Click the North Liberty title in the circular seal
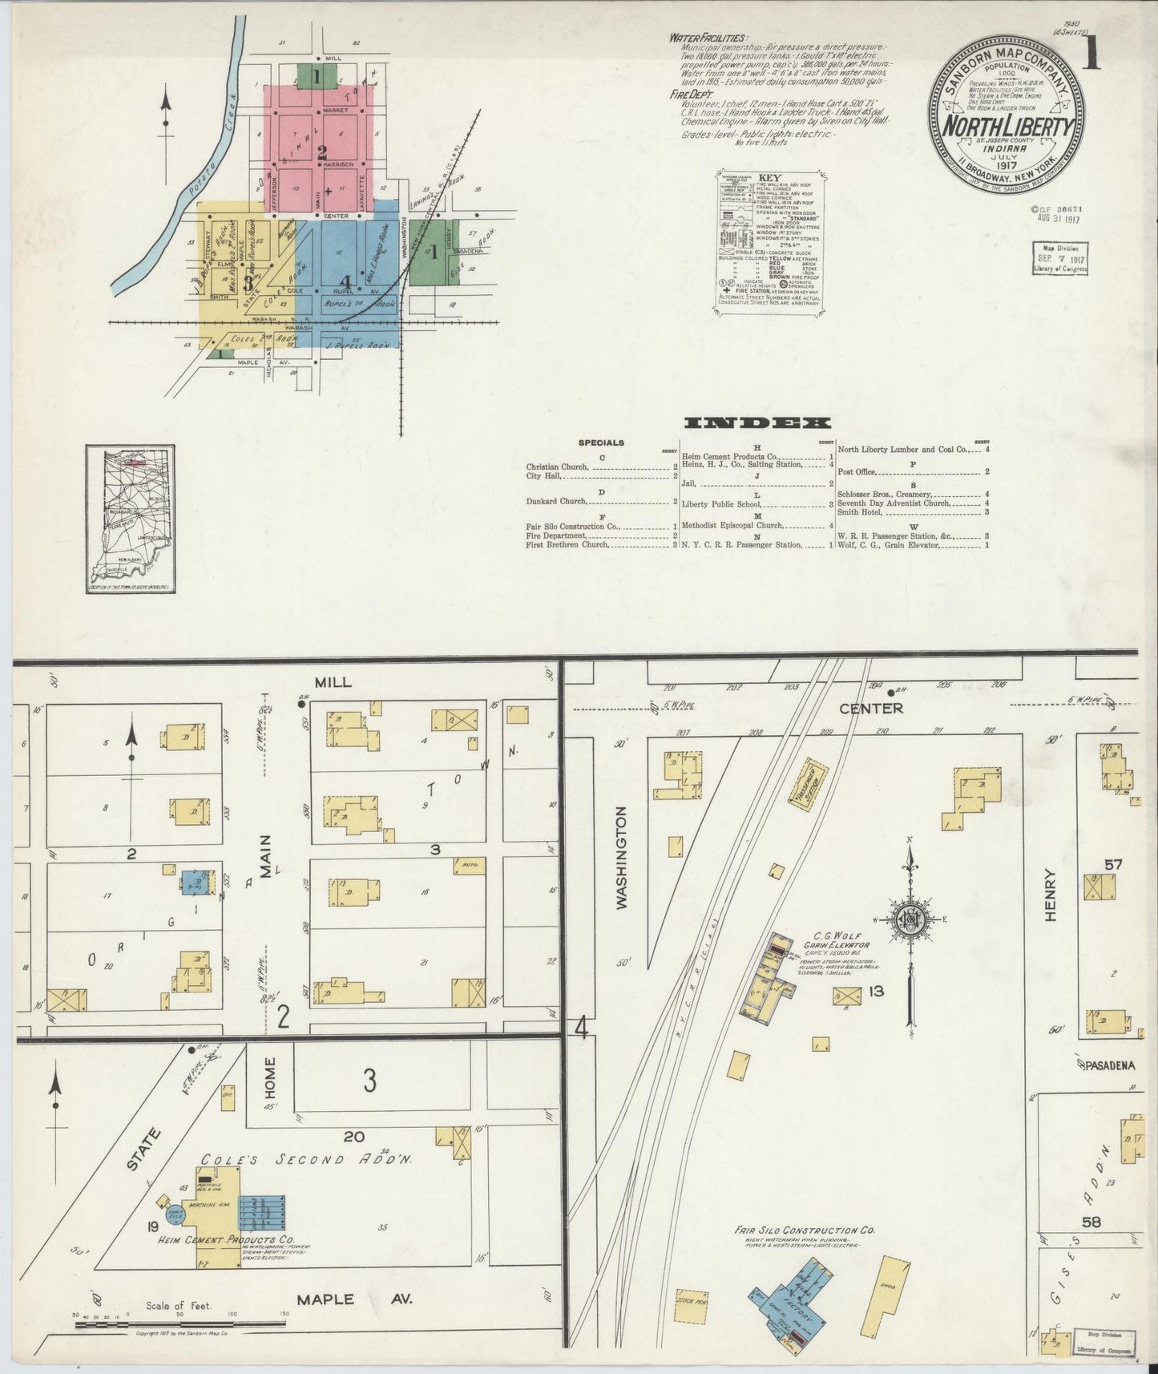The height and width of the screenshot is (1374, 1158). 1007,127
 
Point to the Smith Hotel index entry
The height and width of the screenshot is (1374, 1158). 862,511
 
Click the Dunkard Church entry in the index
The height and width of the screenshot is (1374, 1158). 557,501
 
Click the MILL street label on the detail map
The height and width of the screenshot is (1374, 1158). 333,681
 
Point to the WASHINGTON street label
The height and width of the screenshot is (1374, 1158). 622,857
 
